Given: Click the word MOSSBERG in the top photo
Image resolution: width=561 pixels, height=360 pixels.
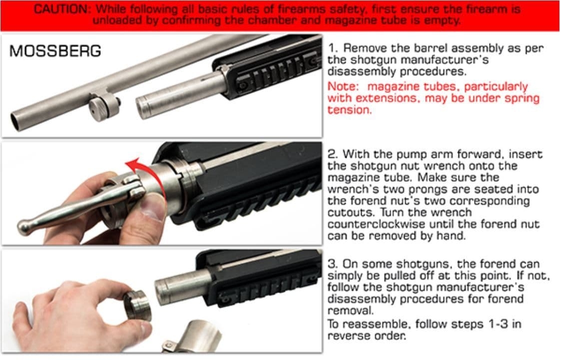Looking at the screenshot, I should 55,51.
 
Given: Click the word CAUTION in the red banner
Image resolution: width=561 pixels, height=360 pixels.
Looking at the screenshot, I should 62,9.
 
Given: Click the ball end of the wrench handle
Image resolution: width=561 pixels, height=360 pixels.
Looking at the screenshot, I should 23,226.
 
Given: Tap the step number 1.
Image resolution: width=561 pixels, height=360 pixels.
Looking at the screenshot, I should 332,48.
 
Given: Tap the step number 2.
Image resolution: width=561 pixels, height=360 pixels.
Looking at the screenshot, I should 332,154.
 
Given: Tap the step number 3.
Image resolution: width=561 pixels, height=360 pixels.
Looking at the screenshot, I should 332,264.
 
